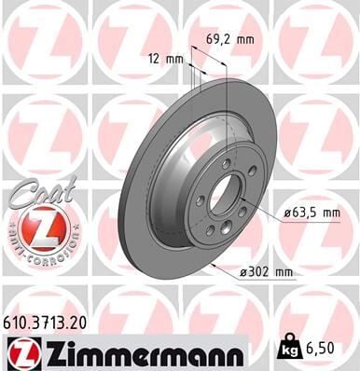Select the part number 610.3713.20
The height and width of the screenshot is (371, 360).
(52, 320)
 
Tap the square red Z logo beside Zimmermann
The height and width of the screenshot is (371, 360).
(21, 351)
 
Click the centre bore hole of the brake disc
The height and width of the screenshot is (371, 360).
(226, 199)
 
